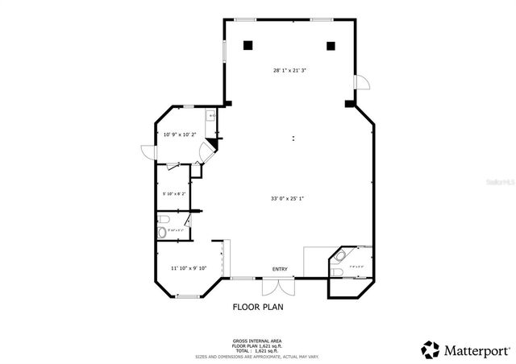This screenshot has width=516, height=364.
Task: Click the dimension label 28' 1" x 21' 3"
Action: point(289,70)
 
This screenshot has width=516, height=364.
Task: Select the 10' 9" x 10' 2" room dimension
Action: point(180,134)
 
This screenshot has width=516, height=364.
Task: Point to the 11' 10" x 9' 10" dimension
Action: point(188,268)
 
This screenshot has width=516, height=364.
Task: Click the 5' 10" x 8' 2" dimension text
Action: point(174,193)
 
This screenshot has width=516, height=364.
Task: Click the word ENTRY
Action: point(280,269)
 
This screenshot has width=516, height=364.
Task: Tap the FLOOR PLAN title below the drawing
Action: point(258,306)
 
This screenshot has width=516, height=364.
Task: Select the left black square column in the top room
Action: point(249,45)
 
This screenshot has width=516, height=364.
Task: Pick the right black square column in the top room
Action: point(331,45)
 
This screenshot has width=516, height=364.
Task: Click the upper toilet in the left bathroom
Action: point(164,218)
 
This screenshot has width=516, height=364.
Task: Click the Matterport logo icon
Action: point(430,350)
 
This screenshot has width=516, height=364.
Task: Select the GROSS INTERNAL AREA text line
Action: point(258,341)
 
